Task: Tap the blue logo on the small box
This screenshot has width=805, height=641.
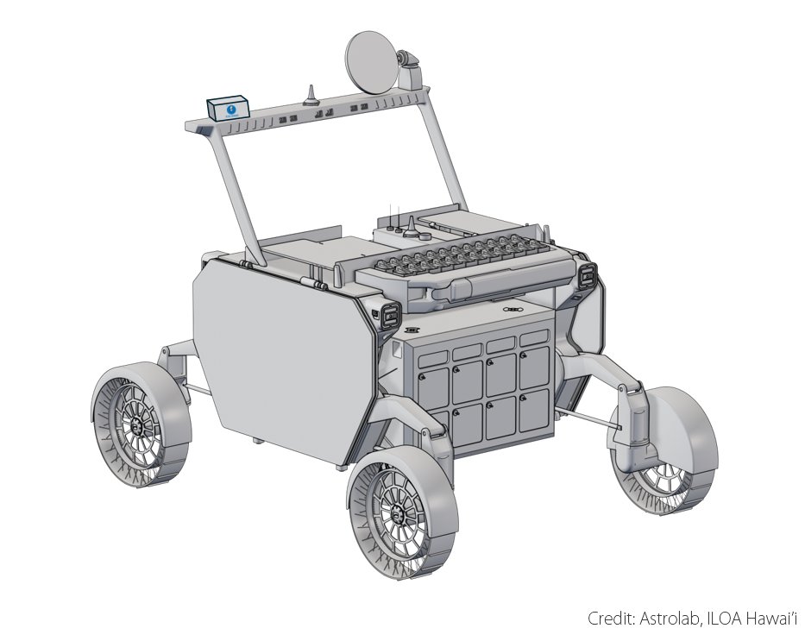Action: coord(230,110)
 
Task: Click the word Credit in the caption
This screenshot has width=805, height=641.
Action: coord(609,619)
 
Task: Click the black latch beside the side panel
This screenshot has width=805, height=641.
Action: coord(389,314)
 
